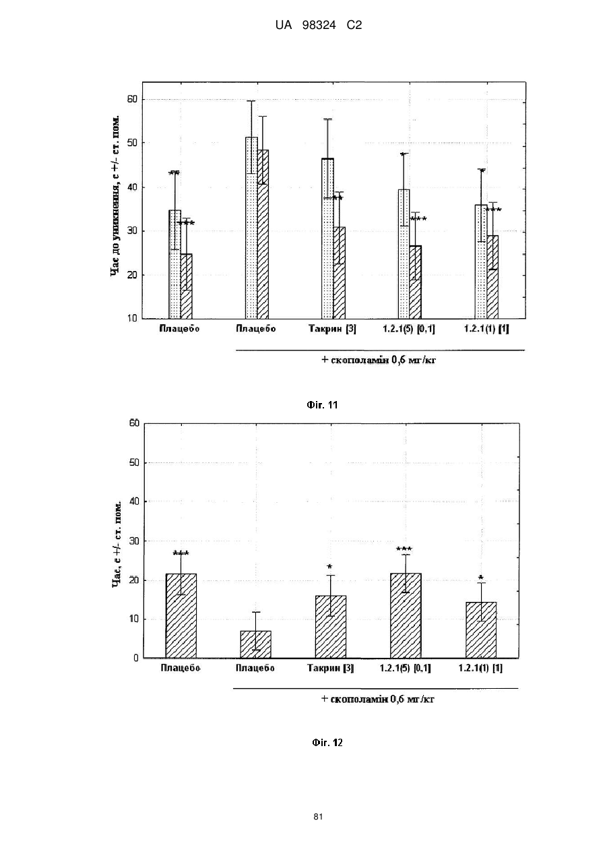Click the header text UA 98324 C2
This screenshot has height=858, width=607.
[319, 26]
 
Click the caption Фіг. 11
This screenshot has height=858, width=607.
[322, 405]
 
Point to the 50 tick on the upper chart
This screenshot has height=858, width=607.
[132, 143]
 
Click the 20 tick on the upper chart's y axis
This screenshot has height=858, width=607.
[132, 274]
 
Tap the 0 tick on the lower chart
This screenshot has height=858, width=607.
[136, 658]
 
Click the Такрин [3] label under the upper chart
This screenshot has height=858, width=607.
[332, 329]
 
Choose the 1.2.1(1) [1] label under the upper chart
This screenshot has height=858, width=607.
[486, 329]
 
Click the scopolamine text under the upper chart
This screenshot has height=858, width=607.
[379, 360]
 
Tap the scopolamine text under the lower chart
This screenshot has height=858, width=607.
[377, 699]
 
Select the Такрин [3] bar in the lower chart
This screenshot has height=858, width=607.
[331, 627]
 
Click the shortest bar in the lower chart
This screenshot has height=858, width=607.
[255, 644]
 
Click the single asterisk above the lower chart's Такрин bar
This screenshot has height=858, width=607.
[329, 567]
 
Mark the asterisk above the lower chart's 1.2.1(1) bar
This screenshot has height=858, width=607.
[481, 578]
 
